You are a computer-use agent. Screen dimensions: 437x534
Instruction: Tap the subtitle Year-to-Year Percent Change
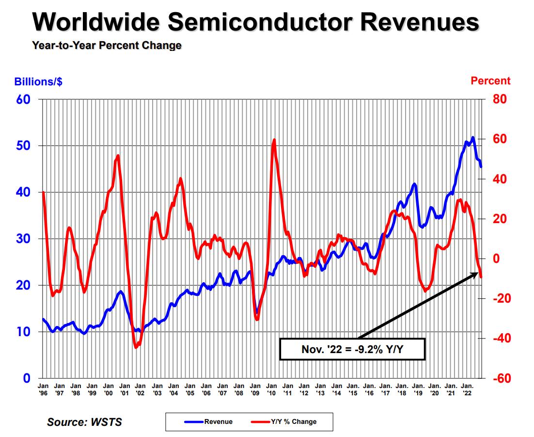107,46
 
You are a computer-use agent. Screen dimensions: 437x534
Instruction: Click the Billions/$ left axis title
38,81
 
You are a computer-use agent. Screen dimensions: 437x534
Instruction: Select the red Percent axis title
490,81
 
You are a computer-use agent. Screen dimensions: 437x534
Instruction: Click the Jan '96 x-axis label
43,389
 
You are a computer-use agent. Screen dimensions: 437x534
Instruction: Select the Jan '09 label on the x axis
255,389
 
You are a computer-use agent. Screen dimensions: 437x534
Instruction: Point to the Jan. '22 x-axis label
468,389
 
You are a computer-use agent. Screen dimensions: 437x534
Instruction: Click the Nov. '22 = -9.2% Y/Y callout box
352,349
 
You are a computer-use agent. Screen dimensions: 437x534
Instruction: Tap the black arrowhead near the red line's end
475,275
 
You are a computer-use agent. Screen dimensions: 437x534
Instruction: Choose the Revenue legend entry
209,421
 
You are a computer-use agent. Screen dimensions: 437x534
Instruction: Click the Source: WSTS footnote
84,422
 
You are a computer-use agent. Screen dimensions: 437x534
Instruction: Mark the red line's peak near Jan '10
274,140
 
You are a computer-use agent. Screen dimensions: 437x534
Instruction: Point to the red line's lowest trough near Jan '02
136,347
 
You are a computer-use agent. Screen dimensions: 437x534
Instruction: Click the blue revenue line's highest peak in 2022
472,138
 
